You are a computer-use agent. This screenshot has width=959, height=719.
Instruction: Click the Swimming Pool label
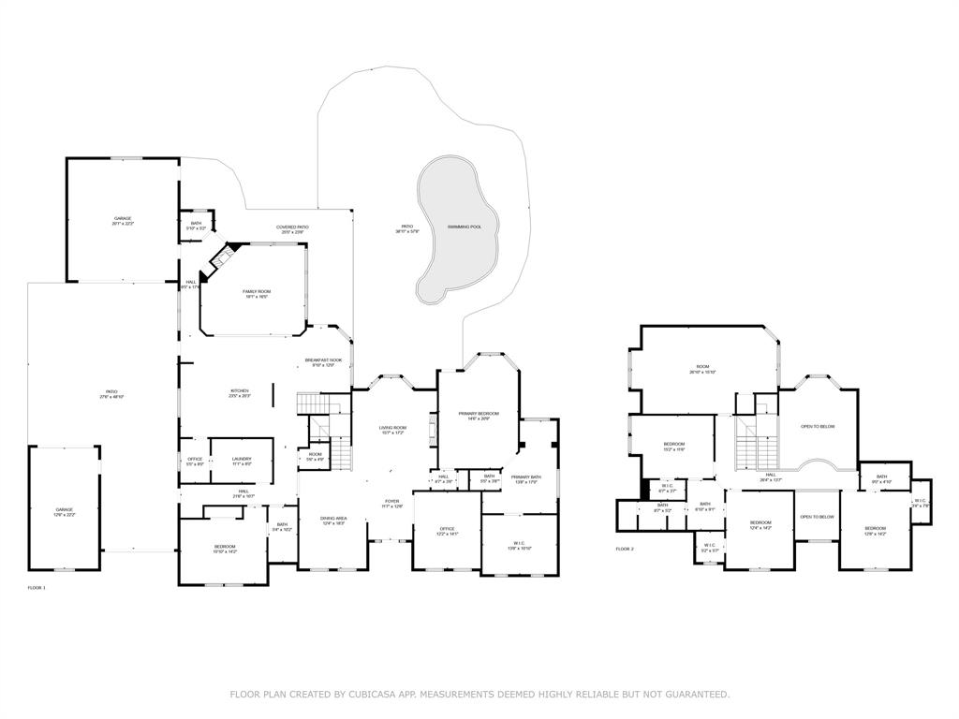465,227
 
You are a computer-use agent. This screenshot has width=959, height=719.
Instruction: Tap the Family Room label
257,292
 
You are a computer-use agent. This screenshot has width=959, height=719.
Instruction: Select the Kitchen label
240,391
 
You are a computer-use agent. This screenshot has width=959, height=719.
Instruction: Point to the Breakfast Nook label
322,360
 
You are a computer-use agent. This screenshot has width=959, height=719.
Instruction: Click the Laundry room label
242,459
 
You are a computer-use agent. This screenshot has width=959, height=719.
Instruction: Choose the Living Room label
392,428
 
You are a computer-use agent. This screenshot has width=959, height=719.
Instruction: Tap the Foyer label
392,501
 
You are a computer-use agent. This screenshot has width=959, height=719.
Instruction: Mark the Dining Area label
334,519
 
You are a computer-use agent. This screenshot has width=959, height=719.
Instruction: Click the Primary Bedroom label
479,414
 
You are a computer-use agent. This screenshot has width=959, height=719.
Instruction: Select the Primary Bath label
525,477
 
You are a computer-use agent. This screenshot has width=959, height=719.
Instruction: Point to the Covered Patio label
292,227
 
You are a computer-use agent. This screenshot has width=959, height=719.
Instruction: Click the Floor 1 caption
37,588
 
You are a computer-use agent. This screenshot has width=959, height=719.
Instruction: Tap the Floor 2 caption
625,549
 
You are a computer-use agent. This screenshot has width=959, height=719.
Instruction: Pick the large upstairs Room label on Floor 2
702,367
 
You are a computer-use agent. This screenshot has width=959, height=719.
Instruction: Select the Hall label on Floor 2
770,475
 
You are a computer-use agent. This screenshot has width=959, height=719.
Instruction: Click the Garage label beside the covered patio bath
123,218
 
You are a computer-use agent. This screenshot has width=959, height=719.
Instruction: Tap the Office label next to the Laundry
195,459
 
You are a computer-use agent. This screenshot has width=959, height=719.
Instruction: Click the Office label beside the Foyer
447,529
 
